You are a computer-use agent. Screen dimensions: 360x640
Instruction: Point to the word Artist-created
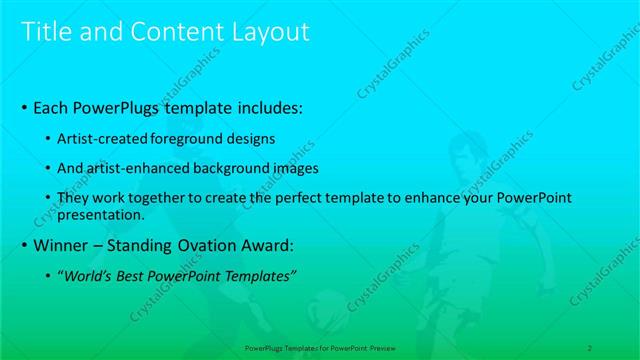101,137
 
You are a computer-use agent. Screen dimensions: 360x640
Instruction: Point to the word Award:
268,245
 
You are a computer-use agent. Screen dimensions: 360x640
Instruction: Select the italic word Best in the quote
134,276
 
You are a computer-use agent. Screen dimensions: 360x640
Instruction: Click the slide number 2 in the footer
590,347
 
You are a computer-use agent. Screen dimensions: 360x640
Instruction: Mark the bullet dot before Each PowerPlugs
25,106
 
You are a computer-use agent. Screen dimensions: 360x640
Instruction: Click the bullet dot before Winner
25,245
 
